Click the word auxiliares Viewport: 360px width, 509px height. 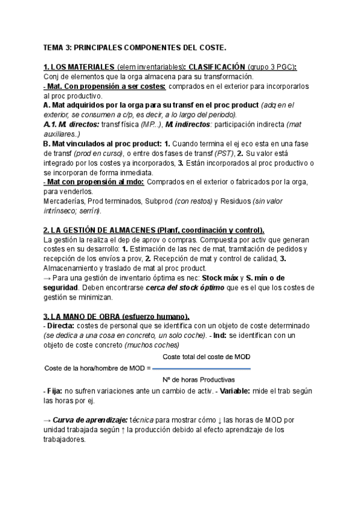(63, 134)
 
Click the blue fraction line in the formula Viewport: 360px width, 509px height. (202, 369)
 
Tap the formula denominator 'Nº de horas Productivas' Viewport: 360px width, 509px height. (199, 380)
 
